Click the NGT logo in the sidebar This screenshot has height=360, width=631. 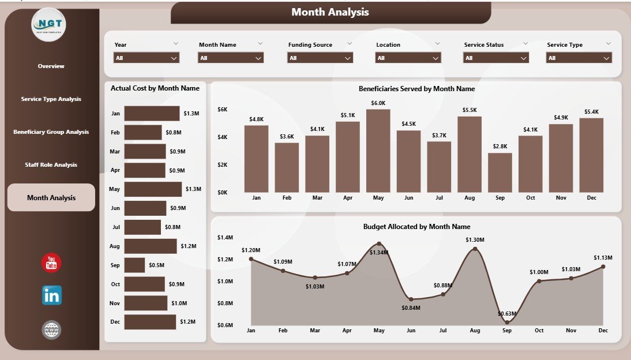[49, 24]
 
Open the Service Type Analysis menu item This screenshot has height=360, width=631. [51, 99]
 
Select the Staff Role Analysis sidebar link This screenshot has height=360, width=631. [51, 165]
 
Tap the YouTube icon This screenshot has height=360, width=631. [51, 262]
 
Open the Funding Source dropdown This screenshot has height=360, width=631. [320, 58]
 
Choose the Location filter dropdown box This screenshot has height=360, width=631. [408, 58]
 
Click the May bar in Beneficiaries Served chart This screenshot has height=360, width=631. [378, 151]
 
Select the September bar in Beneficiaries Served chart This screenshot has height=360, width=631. [499, 172]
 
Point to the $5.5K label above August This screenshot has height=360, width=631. [469, 110]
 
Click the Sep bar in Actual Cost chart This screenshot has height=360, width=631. [134, 265]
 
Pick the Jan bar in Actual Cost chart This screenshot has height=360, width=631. [152, 114]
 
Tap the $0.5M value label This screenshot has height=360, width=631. [157, 265]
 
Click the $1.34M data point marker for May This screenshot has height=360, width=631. [378, 244]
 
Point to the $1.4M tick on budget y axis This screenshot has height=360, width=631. [225, 238]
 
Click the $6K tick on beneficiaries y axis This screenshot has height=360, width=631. [223, 110]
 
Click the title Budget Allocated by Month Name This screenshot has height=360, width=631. [416, 227]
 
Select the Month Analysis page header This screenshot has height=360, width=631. [330, 12]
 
